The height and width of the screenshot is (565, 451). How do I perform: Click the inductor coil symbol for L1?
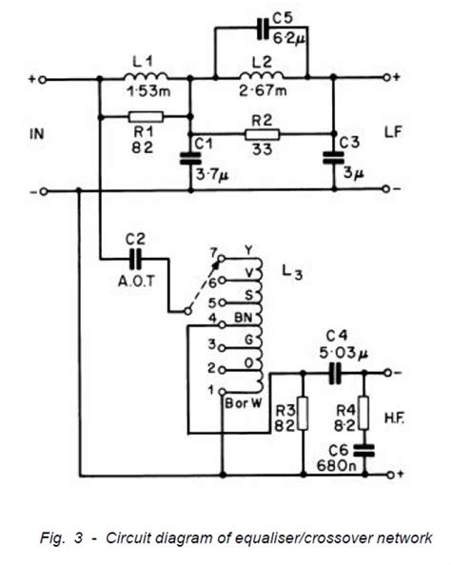[146, 76]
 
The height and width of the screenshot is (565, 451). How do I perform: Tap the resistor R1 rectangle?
[146, 117]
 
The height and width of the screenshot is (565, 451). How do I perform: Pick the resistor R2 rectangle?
[262, 134]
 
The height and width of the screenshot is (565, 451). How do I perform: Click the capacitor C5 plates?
[264, 29]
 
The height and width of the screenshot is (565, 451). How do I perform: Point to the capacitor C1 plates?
[190, 159]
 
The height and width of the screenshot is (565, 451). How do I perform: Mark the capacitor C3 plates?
[333, 158]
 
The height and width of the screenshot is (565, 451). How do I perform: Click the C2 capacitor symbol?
[136, 259]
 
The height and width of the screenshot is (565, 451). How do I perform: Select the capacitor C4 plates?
[335, 373]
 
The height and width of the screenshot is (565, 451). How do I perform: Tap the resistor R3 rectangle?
[304, 414]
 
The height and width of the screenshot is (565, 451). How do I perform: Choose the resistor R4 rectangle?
[364, 413]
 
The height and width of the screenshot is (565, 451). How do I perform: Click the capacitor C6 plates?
[364, 451]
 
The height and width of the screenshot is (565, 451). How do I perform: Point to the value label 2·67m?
[263, 89]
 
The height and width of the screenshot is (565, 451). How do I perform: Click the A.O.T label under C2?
[136, 281]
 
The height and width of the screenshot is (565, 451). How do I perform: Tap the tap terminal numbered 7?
[222, 259]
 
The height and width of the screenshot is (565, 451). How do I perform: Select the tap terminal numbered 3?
[222, 348]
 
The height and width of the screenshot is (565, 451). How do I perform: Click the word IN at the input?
[37, 134]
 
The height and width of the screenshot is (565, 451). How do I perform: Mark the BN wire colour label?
[243, 318]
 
